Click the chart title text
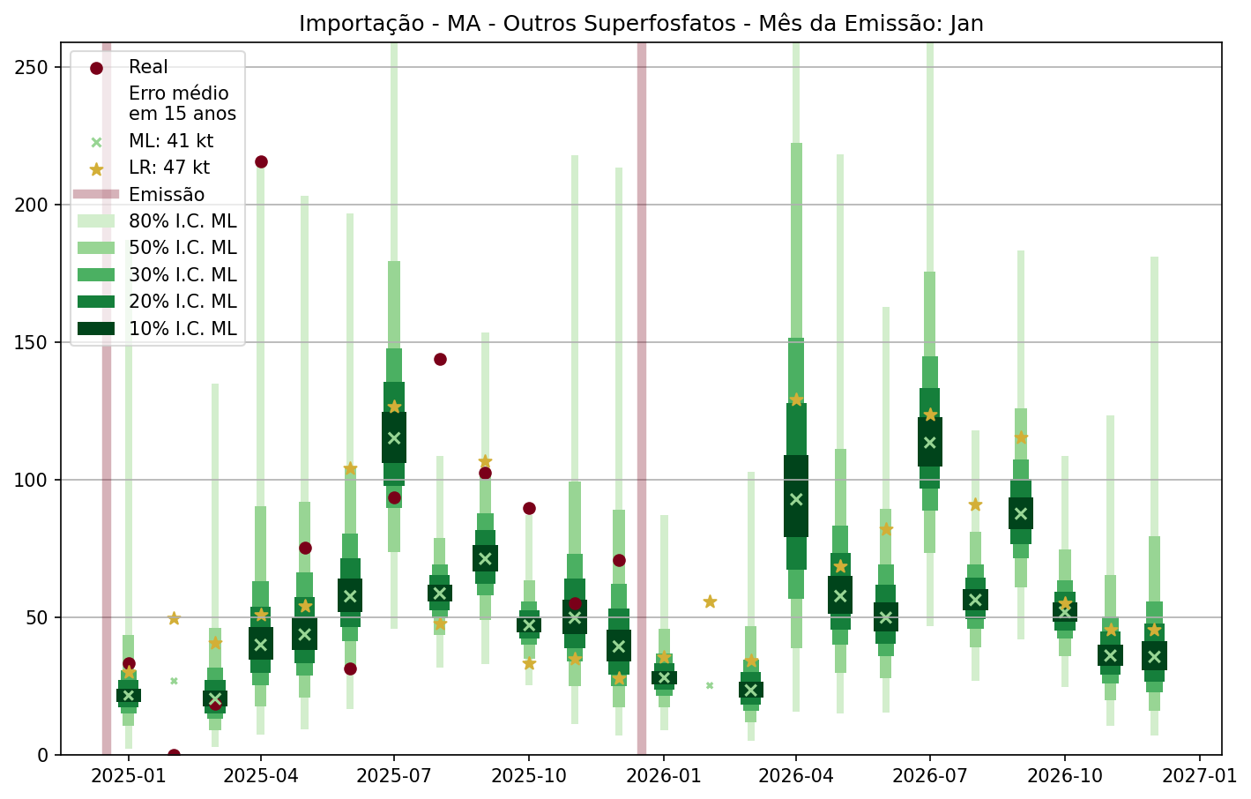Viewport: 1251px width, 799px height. click(x=641, y=23)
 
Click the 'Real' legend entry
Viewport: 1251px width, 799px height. click(x=147, y=67)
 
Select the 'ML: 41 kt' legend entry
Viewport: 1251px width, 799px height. click(x=170, y=141)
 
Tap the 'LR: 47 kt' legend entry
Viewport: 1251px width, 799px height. click(x=168, y=168)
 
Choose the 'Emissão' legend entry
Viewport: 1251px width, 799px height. click(x=166, y=195)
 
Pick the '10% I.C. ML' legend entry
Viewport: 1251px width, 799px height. click(x=182, y=329)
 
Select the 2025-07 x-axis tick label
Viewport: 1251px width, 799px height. click(x=394, y=776)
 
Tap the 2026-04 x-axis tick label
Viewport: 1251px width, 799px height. click(x=796, y=776)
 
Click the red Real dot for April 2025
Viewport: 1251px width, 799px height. click(x=261, y=161)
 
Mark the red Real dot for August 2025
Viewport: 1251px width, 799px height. click(x=440, y=359)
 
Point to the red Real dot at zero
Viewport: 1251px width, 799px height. click(x=174, y=755)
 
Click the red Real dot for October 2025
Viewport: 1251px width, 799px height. click(x=529, y=508)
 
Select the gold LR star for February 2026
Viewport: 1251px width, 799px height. click(x=710, y=601)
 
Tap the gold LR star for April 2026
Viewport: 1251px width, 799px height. click(x=796, y=399)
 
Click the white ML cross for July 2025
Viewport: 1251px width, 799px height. click(x=394, y=437)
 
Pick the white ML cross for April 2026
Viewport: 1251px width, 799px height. click(x=796, y=499)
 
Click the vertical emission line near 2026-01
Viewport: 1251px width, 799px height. click(x=642, y=397)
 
